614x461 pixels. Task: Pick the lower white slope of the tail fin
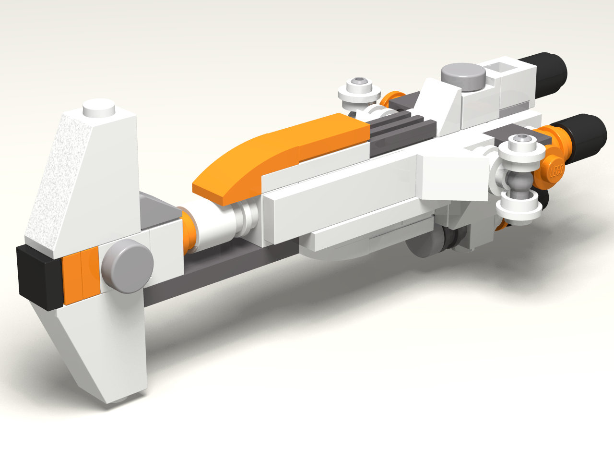click(101, 351)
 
